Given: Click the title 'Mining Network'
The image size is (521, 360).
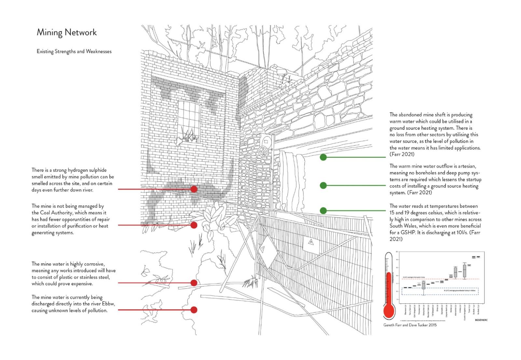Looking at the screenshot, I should click(67, 33).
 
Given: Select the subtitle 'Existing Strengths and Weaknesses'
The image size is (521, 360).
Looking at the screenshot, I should click(74, 51).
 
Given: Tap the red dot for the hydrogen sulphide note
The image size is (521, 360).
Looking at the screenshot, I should click(194, 189).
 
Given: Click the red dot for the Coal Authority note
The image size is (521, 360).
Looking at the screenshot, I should click(194, 225).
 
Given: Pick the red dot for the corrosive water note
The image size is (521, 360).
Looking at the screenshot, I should click(194, 283).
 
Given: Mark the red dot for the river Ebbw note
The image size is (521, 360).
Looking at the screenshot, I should click(194, 310).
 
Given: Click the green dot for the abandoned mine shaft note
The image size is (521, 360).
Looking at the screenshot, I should click(323, 157).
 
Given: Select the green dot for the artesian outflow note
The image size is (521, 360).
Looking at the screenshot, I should click(323, 185).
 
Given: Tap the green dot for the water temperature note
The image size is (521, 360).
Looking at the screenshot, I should click(323, 210).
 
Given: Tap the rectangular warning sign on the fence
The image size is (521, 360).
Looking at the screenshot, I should click(311, 243).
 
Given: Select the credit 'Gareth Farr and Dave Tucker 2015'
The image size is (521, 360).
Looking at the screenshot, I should click(410, 325).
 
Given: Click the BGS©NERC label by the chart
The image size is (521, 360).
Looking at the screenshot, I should click(481, 320).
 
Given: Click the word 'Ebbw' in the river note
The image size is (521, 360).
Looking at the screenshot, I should click(109, 304).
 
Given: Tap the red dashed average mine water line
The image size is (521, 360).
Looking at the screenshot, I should click(440, 279).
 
